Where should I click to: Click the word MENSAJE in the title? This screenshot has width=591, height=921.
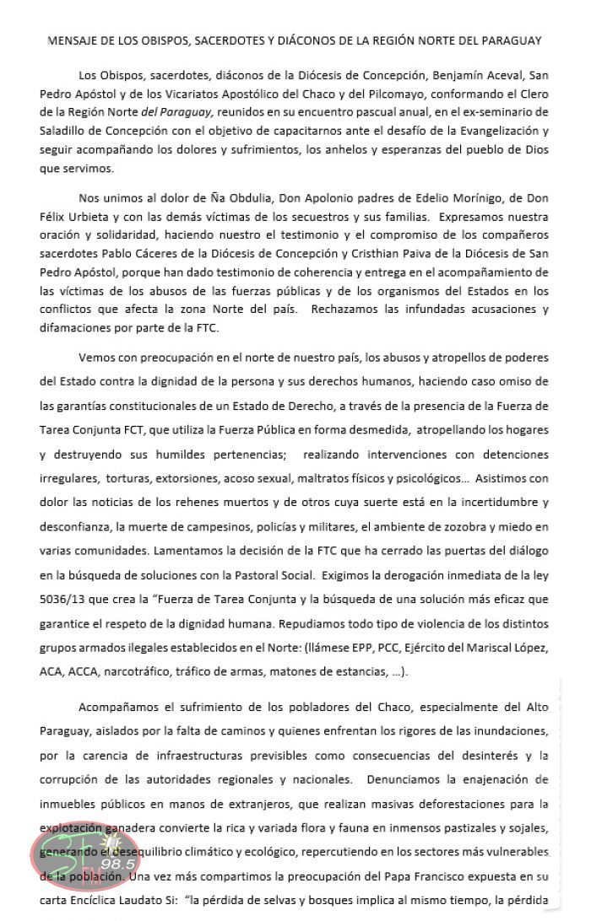(x=73, y=40)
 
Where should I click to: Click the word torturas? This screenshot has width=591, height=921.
(x=127, y=477)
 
